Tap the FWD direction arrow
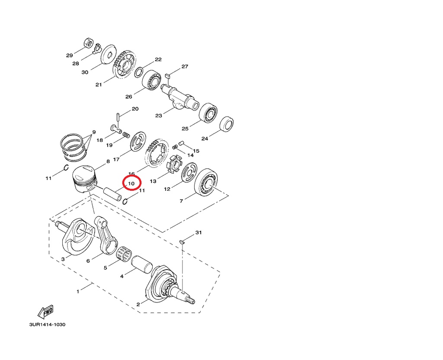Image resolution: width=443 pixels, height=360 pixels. tap(45, 311)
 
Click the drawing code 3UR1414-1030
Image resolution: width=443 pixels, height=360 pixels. tap(47, 325)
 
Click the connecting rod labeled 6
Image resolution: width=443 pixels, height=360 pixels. tap(106, 236)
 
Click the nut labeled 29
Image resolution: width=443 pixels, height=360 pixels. tap(88, 43)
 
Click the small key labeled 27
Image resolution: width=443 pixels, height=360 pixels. tap(168, 77)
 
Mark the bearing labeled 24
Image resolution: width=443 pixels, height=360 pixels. tap(227, 124)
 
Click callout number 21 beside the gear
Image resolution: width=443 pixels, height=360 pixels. tap(99, 84)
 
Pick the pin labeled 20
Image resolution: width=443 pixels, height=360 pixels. tap(118, 117)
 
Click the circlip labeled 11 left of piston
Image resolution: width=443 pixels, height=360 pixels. tap(66, 168)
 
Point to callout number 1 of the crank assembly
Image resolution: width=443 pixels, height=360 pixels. tap(78, 292)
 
